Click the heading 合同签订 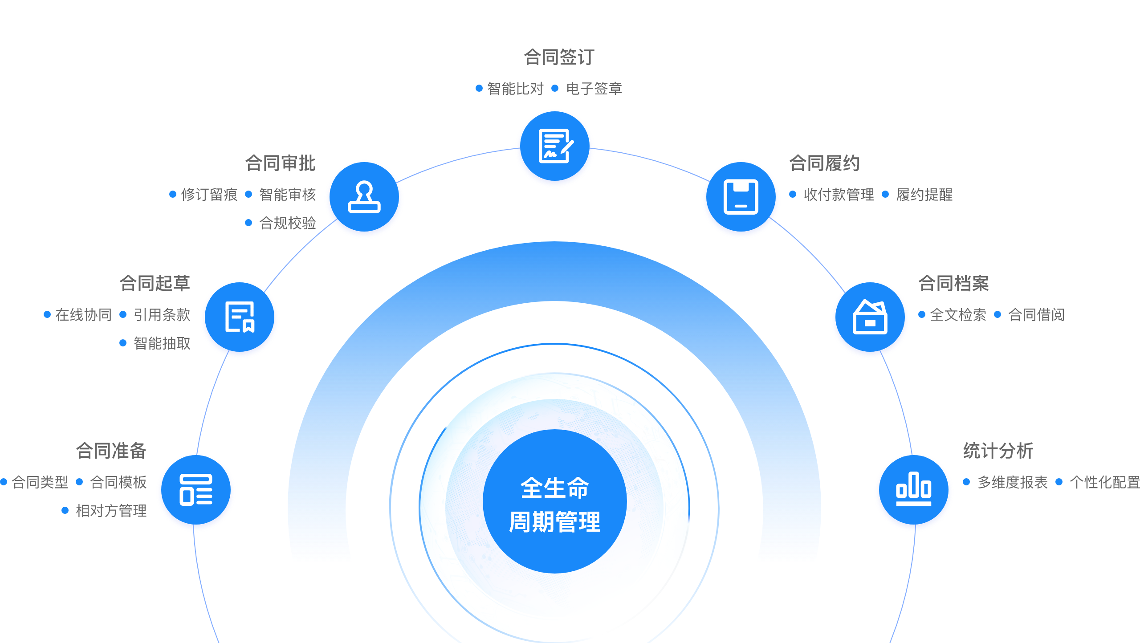559,57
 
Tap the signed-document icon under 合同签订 555,147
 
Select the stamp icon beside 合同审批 364,198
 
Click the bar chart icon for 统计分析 914,490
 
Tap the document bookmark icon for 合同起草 240,317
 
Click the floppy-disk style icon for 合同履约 741,198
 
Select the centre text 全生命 555,487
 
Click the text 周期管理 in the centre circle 555,522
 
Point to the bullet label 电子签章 594,89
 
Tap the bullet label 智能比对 515,89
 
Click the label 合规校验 287,223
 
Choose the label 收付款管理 839,195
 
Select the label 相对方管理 111,511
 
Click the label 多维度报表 1012,482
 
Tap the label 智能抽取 162,343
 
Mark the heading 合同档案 953,283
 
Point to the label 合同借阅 1036,315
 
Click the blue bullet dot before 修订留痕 173,194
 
